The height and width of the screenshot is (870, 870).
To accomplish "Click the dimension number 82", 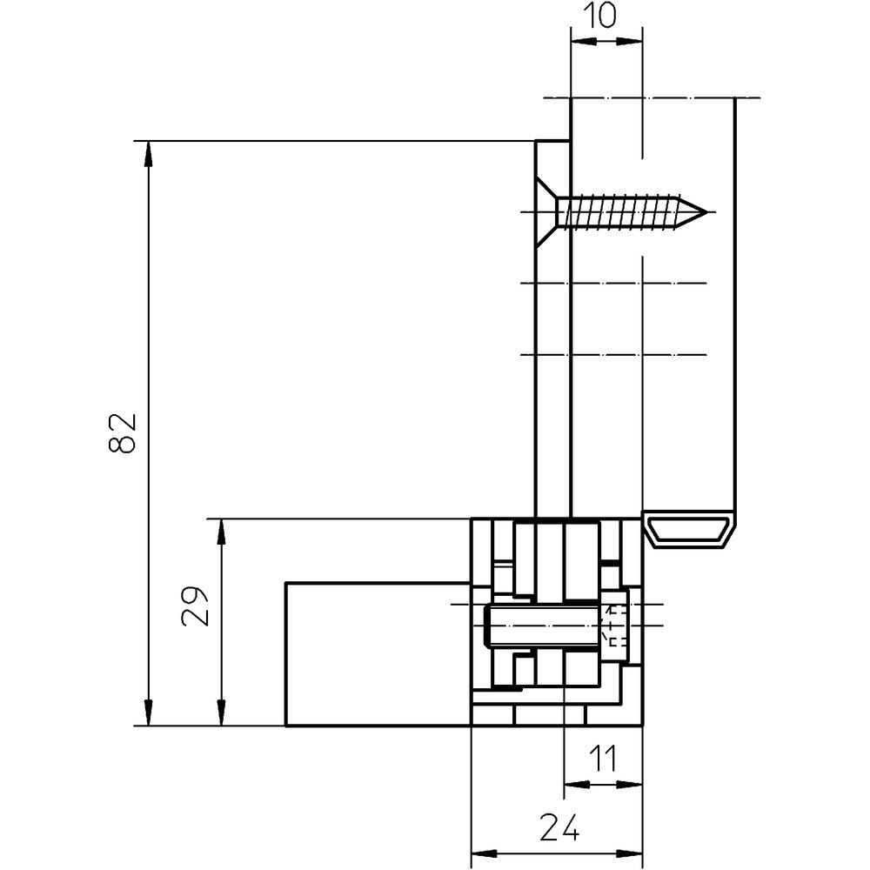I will pos(124,432).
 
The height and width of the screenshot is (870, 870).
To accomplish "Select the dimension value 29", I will pos(197,606).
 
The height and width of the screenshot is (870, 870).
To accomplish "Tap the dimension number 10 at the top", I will pos(606,15).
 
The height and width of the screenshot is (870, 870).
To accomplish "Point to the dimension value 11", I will pos(603,759).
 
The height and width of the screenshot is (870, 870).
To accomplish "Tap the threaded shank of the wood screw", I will pos(626,211).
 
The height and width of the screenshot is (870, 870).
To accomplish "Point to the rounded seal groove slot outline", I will pos(689,532).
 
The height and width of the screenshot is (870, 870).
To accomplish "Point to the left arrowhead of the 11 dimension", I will pos(577,784).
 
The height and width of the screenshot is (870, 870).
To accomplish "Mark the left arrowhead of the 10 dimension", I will pos(582,40).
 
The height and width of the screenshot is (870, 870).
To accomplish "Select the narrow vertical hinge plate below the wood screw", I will pos(552,391).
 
